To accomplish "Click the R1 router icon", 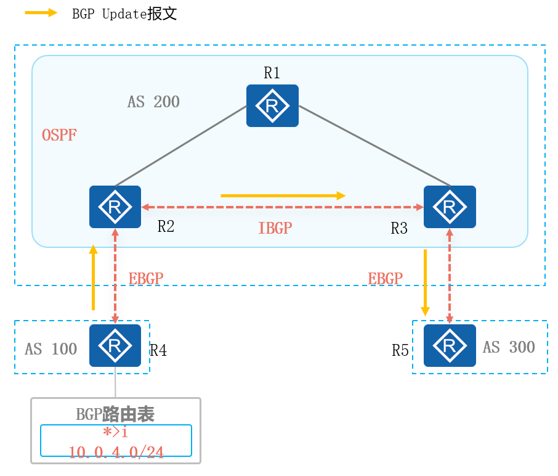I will pyautogui.click(x=272, y=106).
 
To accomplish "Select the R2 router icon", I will pyautogui.click(x=115, y=207).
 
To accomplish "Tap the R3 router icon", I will pyautogui.click(x=450, y=207).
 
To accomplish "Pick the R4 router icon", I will pyautogui.click(x=115, y=346).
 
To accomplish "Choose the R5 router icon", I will pyautogui.click(x=450, y=346).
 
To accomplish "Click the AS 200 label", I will pyautogui.click(x=153, y=102).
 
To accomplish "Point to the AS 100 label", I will pyautogui.click(x=51, y=349).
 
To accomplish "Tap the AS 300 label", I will pyautogui.click(x=509, y=347).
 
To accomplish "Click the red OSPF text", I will pyautogui.click(x=59, y=135).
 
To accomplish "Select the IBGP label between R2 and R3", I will pyautogui.click(x=275, y=229).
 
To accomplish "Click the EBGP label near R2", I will pyautogui.click(x=146, y=279).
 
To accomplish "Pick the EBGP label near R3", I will pyautogui.click(x=385, y=279).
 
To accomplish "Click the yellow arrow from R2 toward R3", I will pyautogui.click(x=283, y=195).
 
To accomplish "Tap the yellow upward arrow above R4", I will pyautogui.click(x=93, y=277).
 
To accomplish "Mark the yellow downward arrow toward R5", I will pyautogui.click(x=425, y=281).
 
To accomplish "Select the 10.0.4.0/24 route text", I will pyautogui.click(x=116, y=453).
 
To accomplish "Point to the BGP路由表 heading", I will pyautogui.click(x=115, y=414).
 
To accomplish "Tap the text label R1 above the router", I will pyautogui.click(x=272, y=73).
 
